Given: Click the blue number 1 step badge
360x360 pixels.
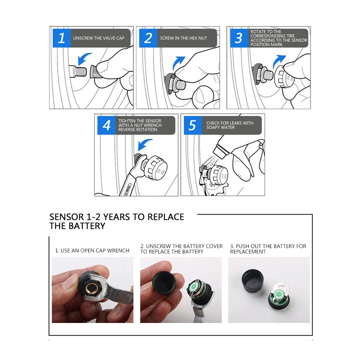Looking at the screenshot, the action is tap(62, 38).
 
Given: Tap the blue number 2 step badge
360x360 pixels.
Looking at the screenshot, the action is tap(148, 38).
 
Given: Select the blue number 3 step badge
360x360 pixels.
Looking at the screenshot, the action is tap(239, 38).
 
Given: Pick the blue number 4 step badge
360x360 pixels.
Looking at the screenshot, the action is tap(106, 125).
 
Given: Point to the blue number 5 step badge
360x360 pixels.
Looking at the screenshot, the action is tap(193, 125).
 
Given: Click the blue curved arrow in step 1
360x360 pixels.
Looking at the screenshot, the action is tap(84, 58).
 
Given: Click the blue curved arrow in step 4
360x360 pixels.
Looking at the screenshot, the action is tap(144, 144).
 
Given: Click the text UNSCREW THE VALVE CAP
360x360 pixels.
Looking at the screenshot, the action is tap(99, 38).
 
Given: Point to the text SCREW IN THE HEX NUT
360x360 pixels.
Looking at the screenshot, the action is tap(184, 38).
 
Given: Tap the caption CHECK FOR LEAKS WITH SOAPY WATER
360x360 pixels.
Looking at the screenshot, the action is tap(230, 125).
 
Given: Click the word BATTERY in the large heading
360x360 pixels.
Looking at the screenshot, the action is tap(87, 226).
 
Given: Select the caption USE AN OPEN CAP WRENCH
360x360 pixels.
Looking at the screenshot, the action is tap(95, 251).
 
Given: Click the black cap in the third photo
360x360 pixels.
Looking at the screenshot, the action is tap(253, 281).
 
